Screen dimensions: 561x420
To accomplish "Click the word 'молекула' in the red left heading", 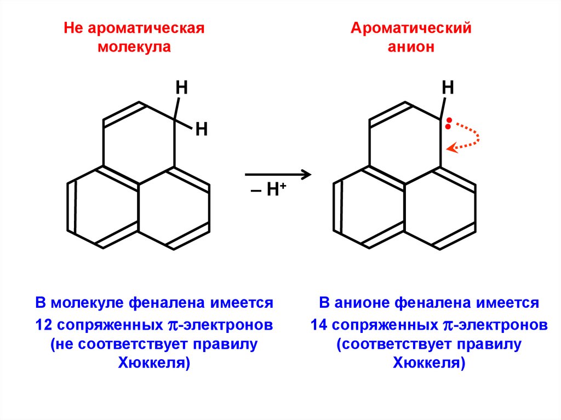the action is pos(134,47).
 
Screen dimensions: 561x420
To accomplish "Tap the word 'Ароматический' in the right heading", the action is pos(411,28).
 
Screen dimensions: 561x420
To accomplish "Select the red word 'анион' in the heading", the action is pos(411,47).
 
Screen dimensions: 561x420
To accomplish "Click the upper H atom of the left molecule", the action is pos(181,87).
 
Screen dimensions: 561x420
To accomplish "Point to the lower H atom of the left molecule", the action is pos(201,130).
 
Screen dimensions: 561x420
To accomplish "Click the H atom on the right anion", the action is pos(448,87).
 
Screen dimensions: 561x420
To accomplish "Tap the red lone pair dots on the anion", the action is pos(449,123).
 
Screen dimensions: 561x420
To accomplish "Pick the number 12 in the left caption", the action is pos(43,325).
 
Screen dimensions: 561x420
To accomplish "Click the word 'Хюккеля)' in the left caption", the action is pos(154,364).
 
